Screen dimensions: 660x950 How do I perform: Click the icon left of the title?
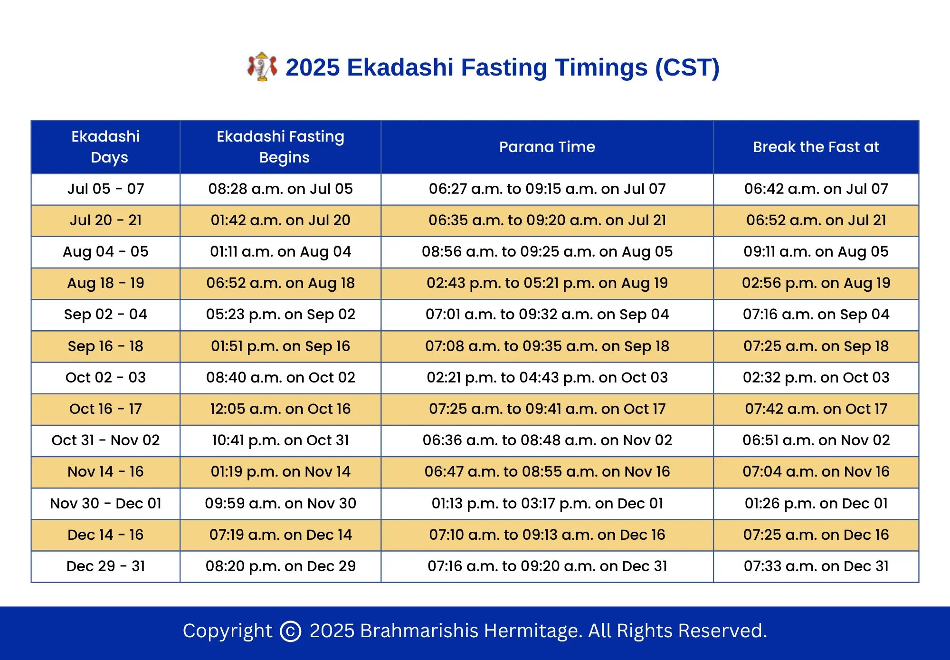coord(262,67)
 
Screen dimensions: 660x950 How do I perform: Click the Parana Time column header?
coord(547,147)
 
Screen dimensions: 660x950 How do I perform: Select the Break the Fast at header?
coord(816,147)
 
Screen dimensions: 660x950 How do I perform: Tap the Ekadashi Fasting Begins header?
coord(280,147)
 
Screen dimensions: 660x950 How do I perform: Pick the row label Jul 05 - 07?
coord(105,189)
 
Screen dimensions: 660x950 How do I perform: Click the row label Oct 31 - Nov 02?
coord(105,440)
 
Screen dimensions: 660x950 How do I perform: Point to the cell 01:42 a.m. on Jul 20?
coord(280,220)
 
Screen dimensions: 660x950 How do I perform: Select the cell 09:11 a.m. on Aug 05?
coord(816,251)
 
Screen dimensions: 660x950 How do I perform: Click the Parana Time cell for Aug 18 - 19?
coord(547,283)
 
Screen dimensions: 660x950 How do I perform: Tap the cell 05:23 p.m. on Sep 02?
coord(280,314)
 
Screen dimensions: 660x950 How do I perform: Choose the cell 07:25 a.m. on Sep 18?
coord(816,346)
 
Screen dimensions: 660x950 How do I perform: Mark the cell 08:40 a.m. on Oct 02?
coord(280,377)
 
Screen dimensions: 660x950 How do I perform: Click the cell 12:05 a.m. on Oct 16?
coord(280,409)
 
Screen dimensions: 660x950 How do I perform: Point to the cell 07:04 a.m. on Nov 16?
coord(816,471)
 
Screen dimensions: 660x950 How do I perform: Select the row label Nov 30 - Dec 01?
coord(105,503)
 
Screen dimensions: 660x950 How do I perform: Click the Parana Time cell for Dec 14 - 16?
coord(547,535)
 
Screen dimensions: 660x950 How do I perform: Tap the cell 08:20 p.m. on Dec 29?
coord(280,566)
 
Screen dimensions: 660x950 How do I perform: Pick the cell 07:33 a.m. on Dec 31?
coord(816,566)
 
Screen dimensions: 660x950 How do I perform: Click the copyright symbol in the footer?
coord(291,631)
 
